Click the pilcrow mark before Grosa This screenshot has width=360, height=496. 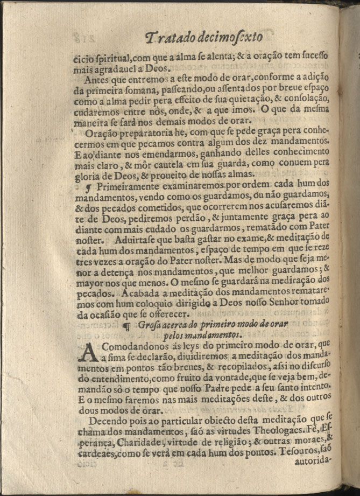[x=128, y=325]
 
